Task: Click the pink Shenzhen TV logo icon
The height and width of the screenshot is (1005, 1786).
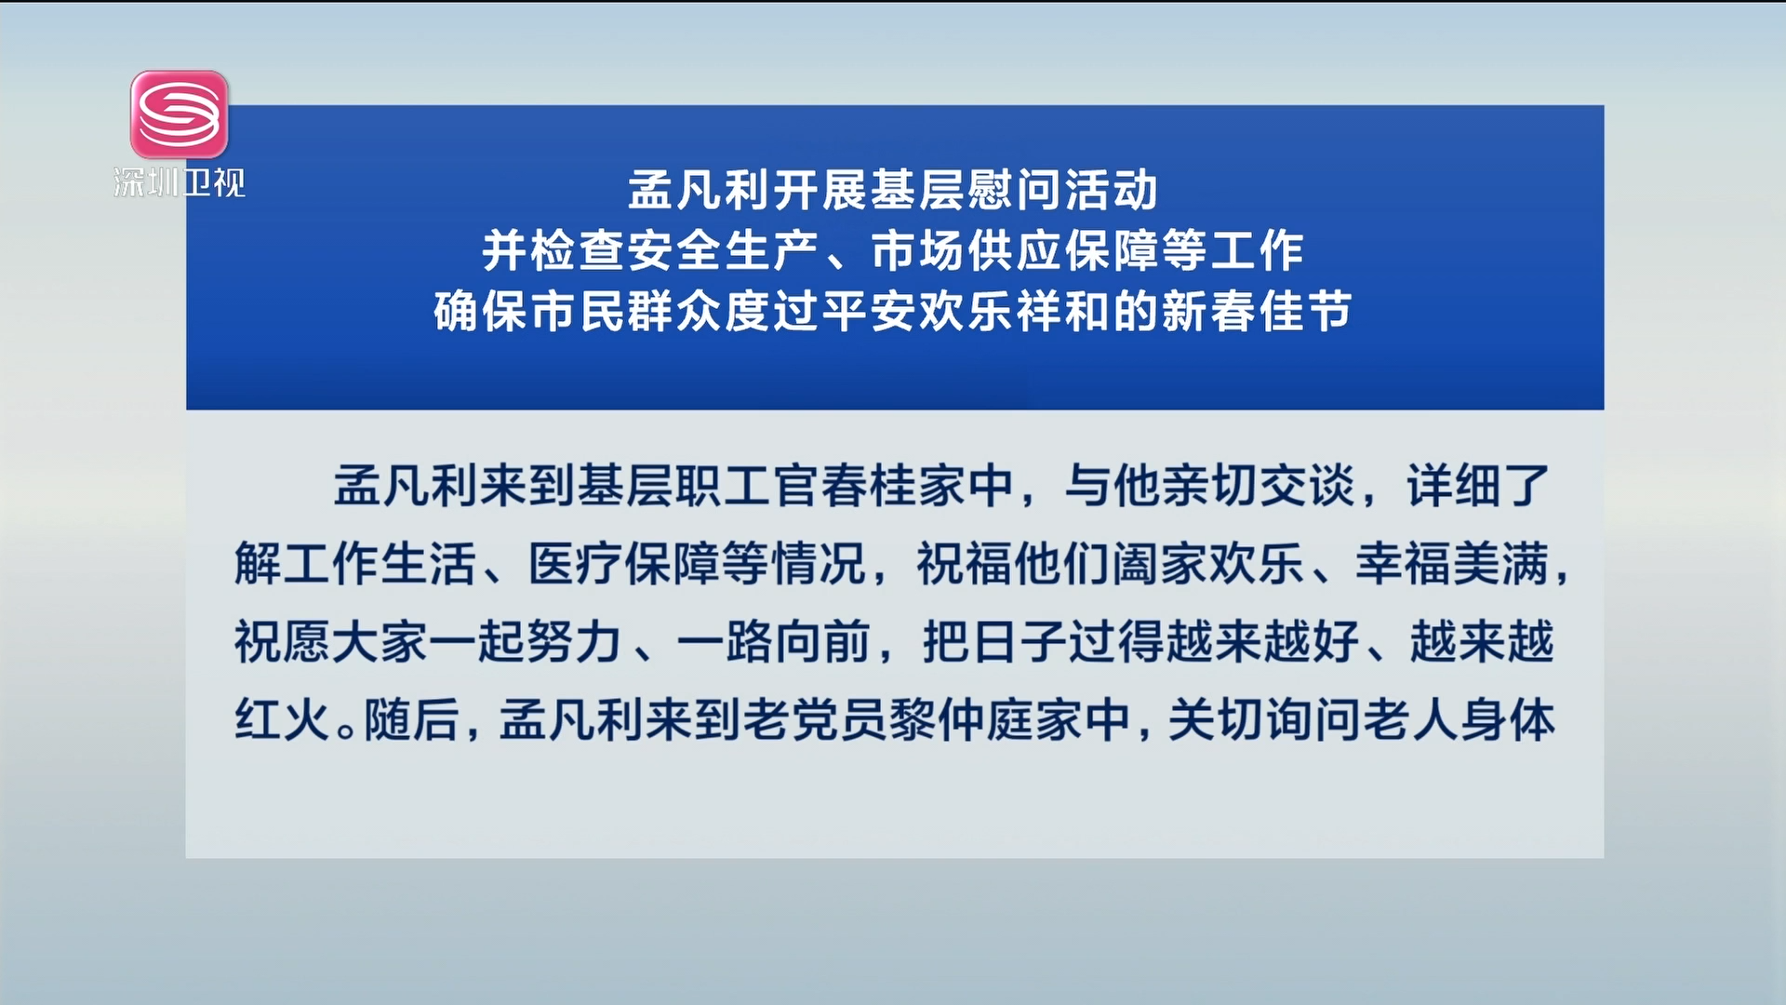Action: click(x=180, y=114)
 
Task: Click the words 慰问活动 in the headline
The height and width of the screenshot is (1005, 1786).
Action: click(x=1061, y=191)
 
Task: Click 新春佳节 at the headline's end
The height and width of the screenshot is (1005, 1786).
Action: click(x=1256, y=312)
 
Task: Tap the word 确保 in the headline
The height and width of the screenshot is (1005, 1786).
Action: click(x=481, y=312)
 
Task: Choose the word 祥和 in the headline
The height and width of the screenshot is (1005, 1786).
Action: click(x=1062, y=312)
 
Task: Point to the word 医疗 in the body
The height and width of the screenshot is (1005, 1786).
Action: click(x=576, y=564)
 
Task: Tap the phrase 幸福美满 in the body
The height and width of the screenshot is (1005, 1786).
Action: click(x=1452, y=564)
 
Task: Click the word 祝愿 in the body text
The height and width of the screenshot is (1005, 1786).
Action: click(x=283, y=642)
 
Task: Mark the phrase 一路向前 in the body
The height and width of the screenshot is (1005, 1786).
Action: click(x=774, y=642)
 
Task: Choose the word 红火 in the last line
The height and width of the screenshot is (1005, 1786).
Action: click(x=283, y=720)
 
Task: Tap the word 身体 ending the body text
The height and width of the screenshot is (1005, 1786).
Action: click(x=1507, y=720)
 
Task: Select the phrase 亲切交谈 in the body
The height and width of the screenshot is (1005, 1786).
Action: click(x=1259, y=486)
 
